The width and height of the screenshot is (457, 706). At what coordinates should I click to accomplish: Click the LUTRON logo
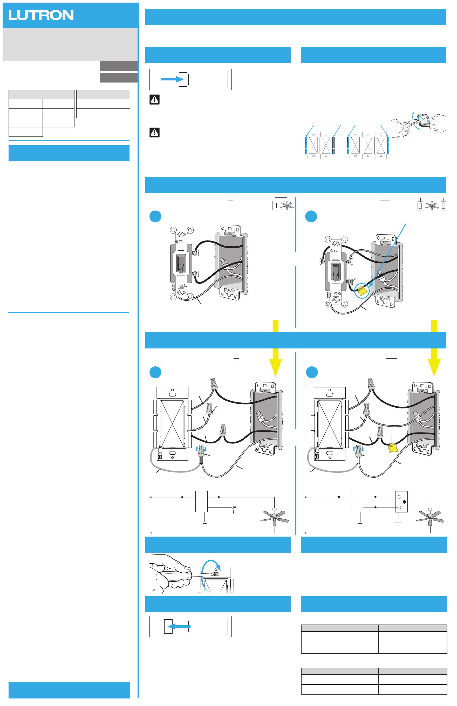pos(41,15)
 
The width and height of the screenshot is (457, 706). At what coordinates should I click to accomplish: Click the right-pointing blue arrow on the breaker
pos(172,79)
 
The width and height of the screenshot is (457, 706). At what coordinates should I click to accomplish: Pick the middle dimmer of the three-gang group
pos(368,145)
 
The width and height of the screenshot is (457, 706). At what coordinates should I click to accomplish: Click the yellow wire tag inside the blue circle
pos(362,291)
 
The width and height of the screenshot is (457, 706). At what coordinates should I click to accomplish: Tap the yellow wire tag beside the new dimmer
pos(393,448)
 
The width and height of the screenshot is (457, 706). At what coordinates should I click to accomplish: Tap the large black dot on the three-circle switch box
pos(404,502)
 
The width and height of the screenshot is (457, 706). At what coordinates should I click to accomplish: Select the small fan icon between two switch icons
pos(432,205)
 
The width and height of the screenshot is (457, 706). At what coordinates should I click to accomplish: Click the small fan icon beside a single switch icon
pos(287,205)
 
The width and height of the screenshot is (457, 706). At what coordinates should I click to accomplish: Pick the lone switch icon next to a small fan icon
pos(275,205)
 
